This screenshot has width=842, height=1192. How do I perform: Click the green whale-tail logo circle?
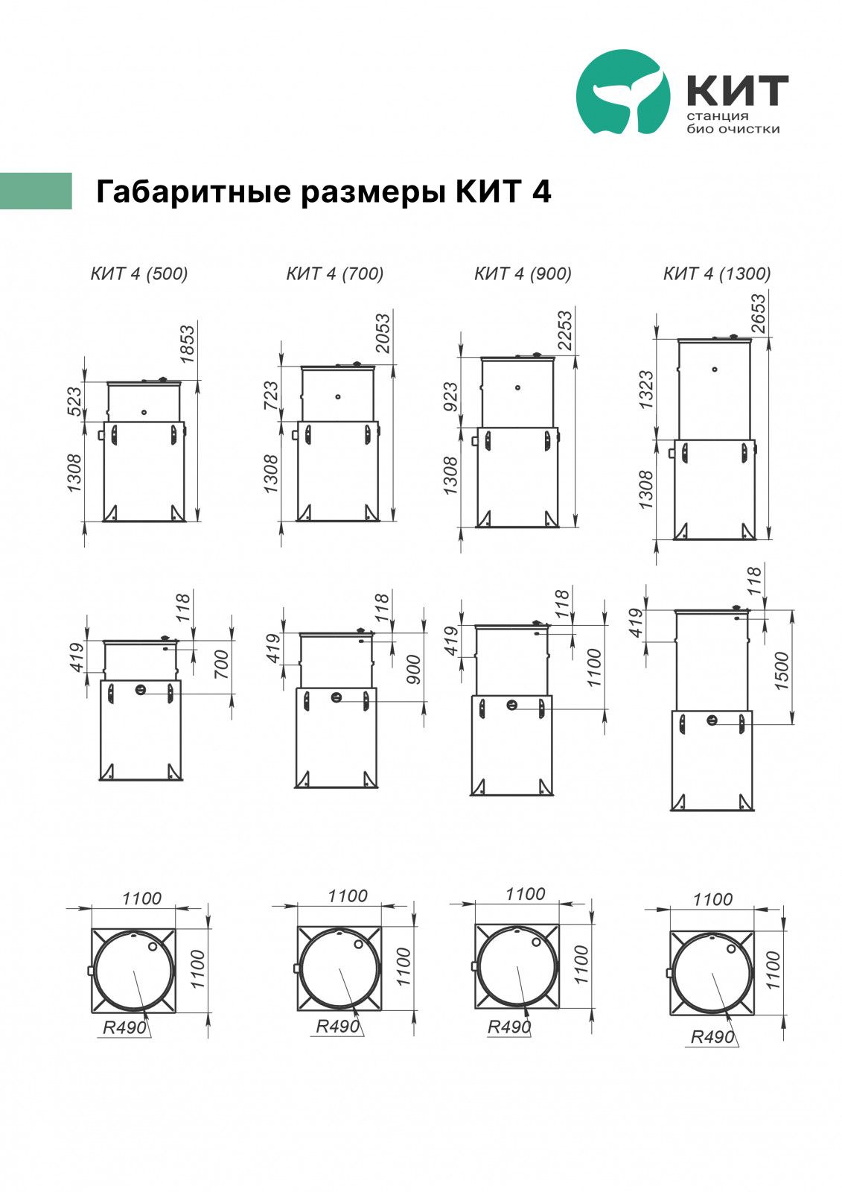click(x=623, y=92)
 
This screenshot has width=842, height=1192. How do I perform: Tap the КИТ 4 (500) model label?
click(x=139, y=273)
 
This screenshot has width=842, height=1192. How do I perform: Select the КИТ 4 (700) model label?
click(x=335, y=273)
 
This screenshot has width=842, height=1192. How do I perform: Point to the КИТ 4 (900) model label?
click(x=523, y=273)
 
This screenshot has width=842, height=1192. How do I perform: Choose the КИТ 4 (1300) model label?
click(x=717, y=273)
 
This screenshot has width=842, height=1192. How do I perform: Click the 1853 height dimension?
click(x=187, y=345)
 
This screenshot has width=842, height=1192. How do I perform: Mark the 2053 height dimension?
click(x=383, y=333)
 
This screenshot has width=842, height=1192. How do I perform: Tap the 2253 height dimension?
click(x=564, y=330)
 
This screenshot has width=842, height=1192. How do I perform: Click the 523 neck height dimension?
click(x=74, y=402)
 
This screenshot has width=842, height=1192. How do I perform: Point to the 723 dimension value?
click(x=270, y=396)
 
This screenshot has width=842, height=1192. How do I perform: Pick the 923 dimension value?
click(x=450, y=396)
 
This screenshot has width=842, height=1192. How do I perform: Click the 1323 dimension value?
click(x=645, y=390)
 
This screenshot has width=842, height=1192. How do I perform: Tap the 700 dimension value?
click(x=221, y=664)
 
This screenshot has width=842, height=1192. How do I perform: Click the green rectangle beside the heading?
click(x=36, y=191)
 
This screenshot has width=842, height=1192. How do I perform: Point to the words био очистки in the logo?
click(x=733, y=129)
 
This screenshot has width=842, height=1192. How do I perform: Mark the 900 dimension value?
click(x=413, y=670)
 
